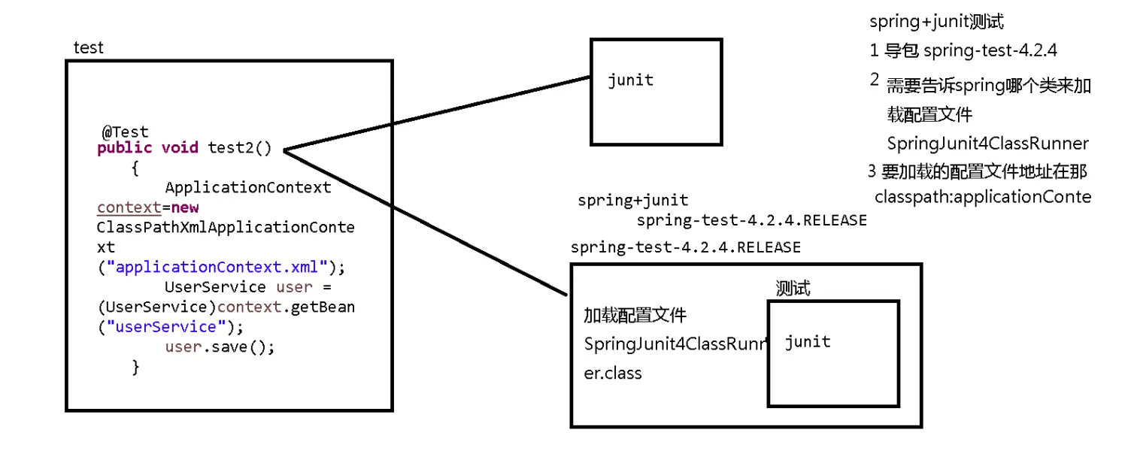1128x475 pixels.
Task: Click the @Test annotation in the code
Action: coord(126,132)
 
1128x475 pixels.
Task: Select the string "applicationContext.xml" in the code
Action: coord(221,267)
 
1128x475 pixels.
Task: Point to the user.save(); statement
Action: coord(220,347)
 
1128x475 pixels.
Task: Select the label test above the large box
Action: coord(88,48)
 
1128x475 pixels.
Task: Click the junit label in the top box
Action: coord(630,80)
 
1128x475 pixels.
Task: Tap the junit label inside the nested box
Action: coord(807,342)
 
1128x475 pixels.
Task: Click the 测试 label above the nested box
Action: coord(793,289)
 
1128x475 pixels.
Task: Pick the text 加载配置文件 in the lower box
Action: coord(635,315)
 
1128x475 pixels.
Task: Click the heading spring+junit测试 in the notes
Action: coord(936,22)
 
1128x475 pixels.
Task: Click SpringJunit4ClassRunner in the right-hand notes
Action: coord(987,144)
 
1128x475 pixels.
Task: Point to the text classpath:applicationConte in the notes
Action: coord(982,197)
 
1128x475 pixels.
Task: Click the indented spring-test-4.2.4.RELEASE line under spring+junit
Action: coord(751,220)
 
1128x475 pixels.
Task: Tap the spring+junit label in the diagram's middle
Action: coord(632,201)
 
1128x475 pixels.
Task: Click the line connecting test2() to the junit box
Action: coord(436,113)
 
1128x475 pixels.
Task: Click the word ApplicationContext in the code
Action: coord(247,187)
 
